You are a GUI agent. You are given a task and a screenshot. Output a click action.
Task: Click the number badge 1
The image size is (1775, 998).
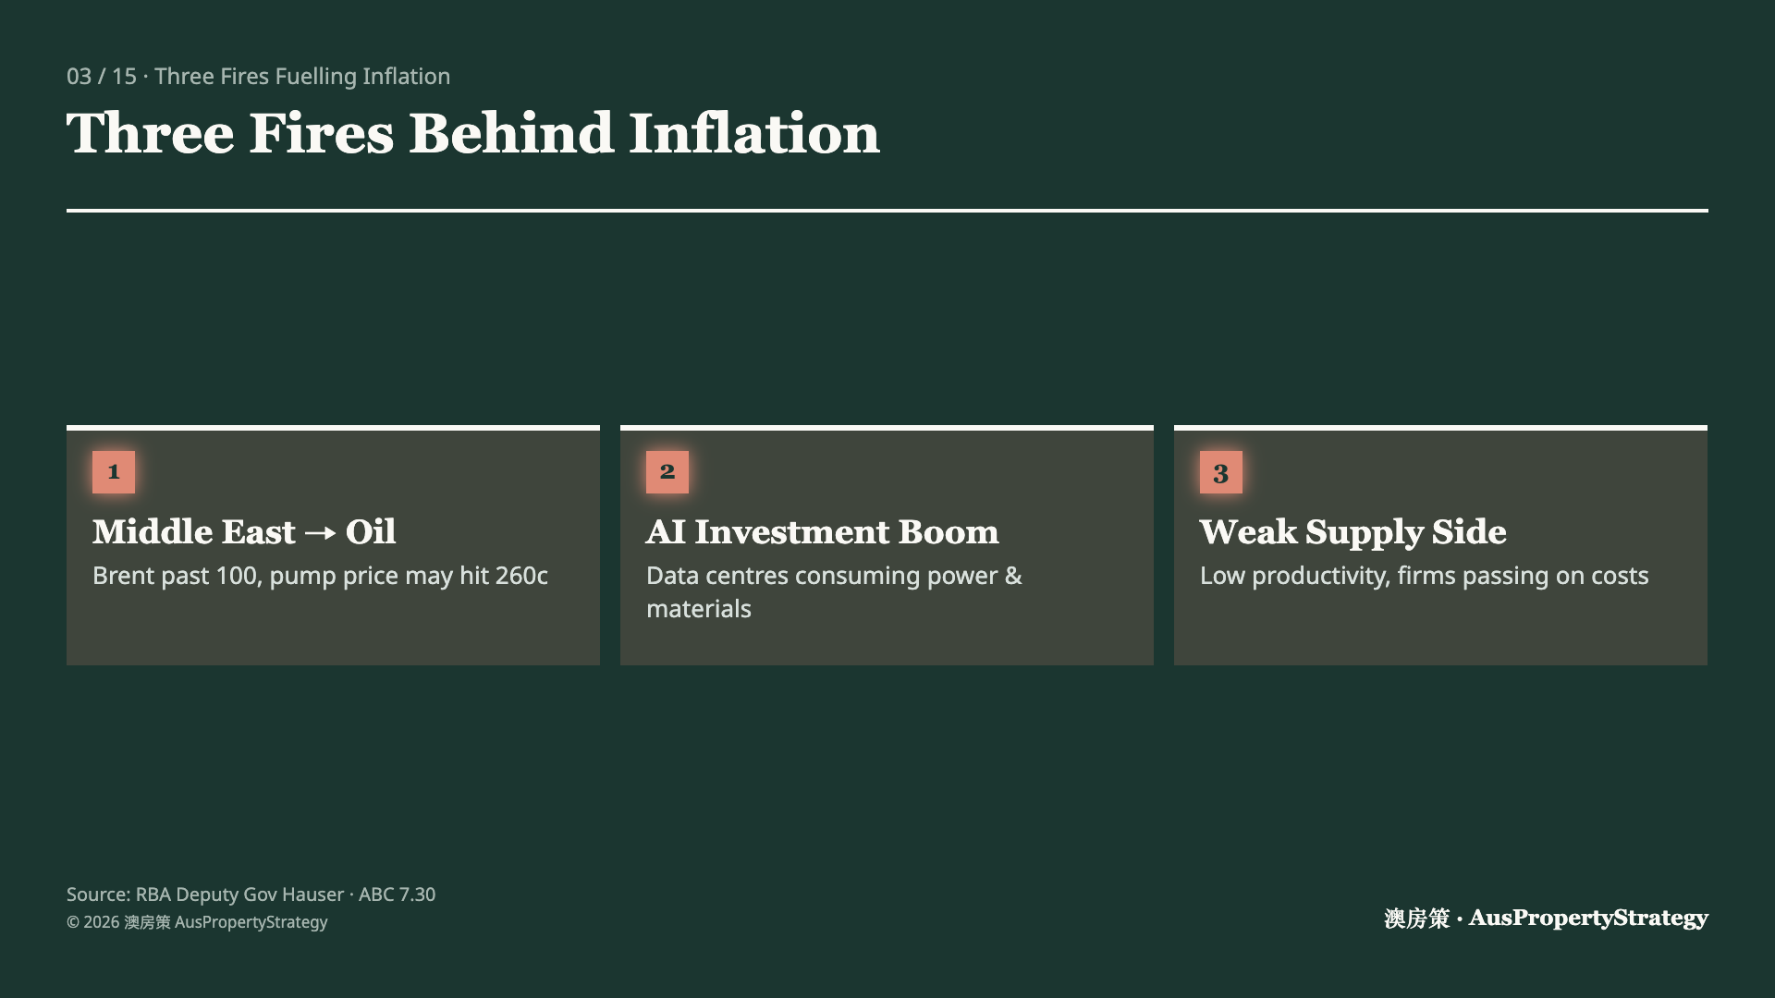[x=114, y=472]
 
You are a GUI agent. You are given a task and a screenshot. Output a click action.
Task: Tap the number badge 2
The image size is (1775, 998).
[x=667, y=472]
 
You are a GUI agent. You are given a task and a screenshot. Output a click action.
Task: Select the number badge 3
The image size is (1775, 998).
[x=1221, y=472]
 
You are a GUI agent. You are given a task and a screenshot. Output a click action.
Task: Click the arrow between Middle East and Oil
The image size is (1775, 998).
[x=320, y=533]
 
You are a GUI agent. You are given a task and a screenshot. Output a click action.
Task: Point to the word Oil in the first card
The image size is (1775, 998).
[x=371, y=531]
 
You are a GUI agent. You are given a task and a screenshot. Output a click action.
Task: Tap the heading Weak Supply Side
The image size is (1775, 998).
[x=1353, y=532]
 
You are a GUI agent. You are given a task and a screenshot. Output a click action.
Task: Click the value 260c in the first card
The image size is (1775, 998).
[x=521, y=576]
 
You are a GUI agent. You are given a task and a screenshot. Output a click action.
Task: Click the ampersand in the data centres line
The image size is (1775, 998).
[x=1014, y=576]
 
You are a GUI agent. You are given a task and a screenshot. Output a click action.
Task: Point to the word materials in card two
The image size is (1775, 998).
[x=699, y=609]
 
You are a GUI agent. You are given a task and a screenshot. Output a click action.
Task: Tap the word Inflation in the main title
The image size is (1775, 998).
[x=754, y=133]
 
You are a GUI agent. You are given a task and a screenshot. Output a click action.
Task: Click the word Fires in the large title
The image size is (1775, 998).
[x=322, y=133]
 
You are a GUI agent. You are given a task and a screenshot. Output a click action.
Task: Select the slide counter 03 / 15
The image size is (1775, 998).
[x=102, y=76]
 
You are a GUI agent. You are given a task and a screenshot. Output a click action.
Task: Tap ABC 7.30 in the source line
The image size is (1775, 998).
[x=397, y=895]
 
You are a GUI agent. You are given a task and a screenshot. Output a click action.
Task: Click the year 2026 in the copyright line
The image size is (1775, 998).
[x=101, y=922]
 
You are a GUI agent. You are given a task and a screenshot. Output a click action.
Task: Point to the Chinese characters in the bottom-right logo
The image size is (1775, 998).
[x=1417, y=919]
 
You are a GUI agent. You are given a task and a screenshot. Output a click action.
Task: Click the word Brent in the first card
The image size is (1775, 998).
[x=121, y=576]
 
